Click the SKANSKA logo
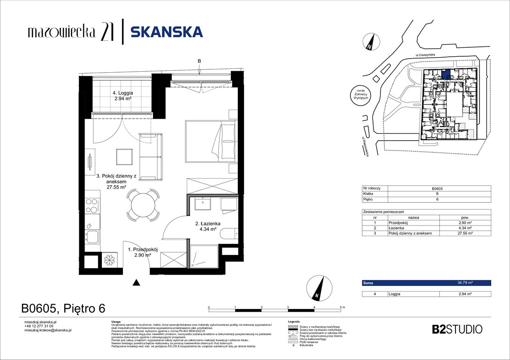tap(167, 32)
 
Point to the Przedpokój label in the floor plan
tap(146, 252)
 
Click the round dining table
tap(143, 205)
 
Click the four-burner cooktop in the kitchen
tap(92, 206)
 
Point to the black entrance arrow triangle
tap(137, 282)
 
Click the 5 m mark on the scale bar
tap(342, 307)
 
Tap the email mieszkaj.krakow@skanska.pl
tap(47, 330)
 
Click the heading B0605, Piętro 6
tap(63, 308)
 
